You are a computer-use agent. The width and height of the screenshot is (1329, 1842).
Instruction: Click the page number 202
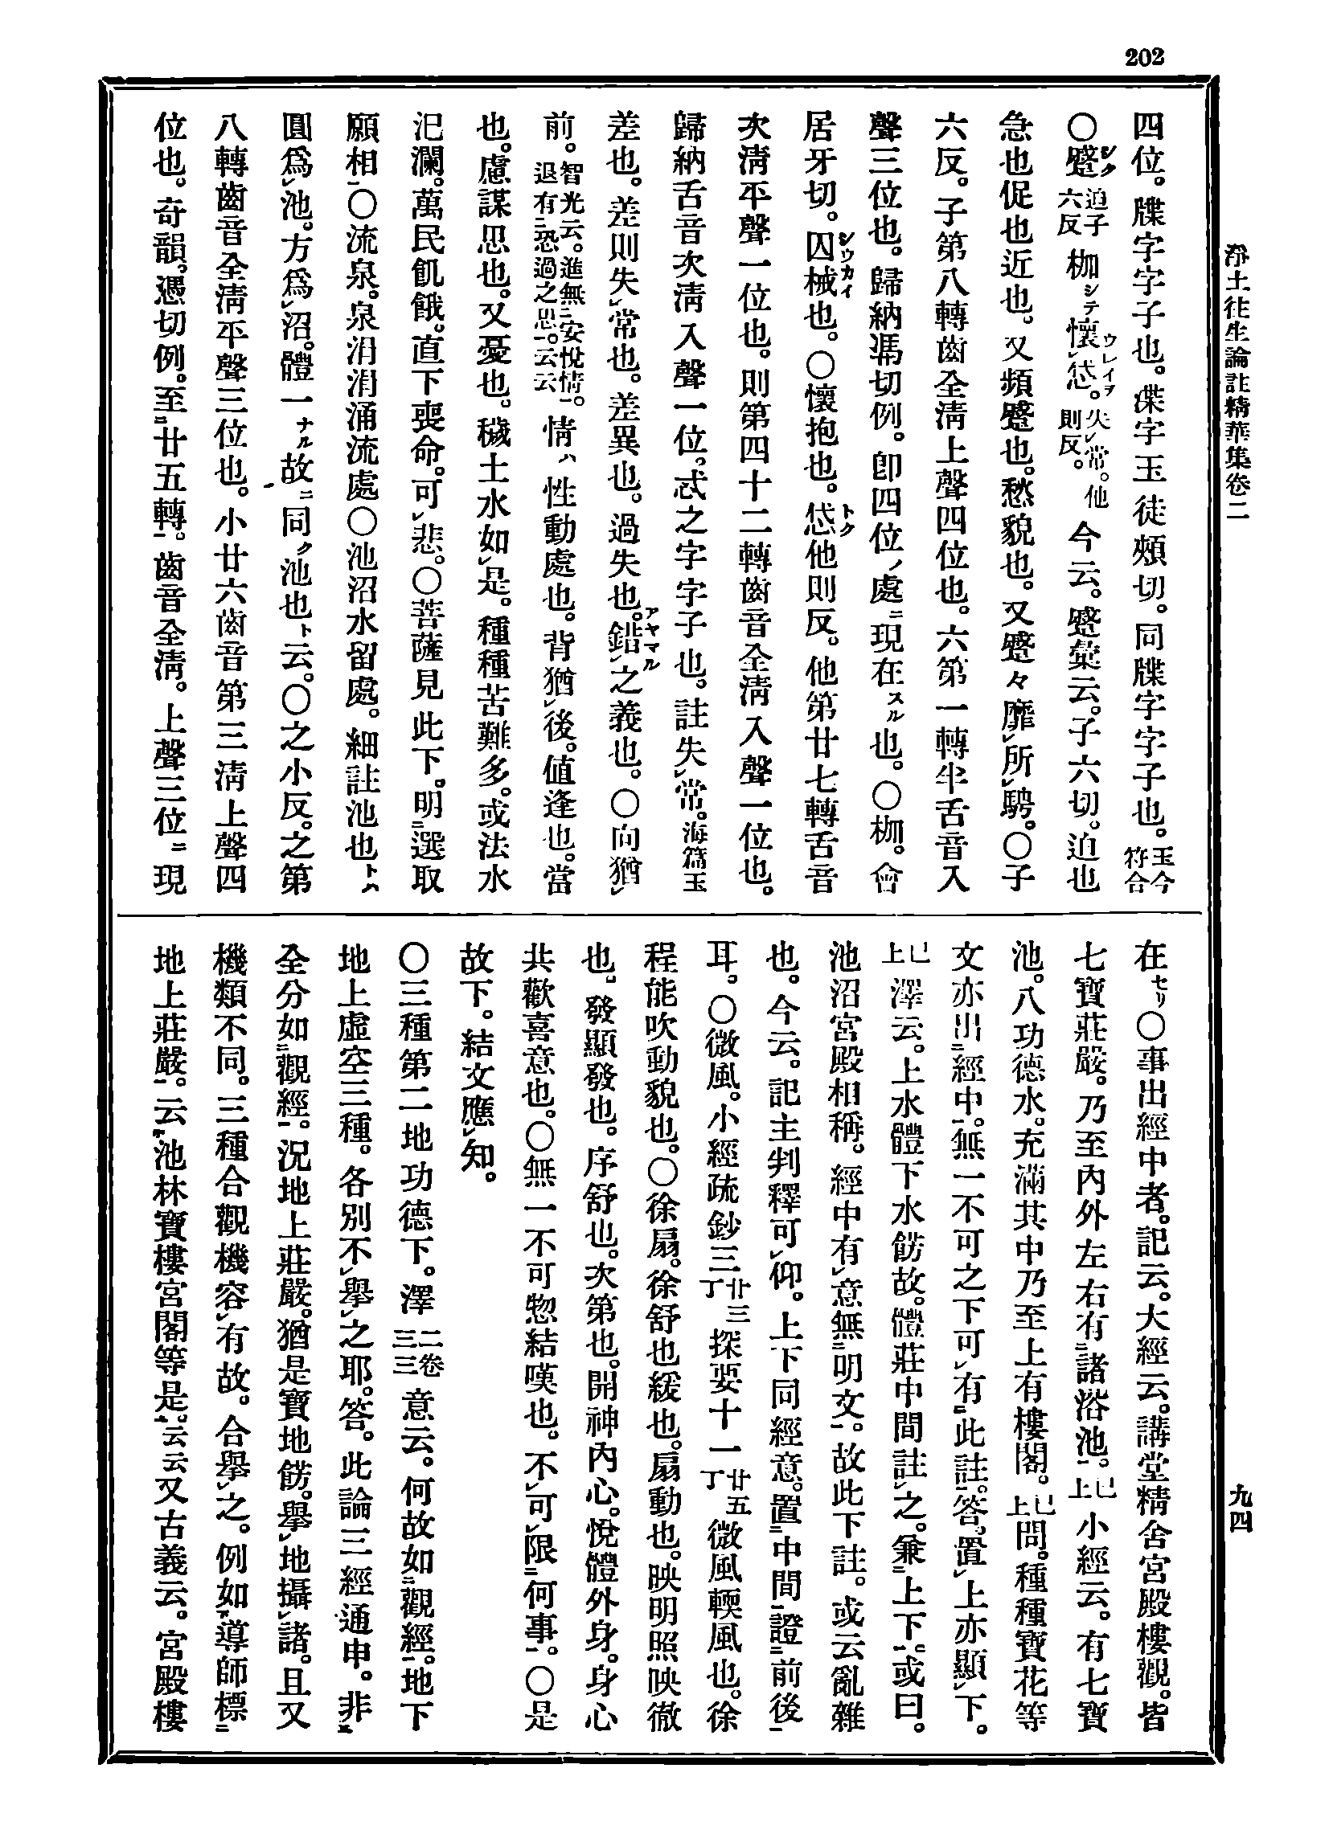1144,57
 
